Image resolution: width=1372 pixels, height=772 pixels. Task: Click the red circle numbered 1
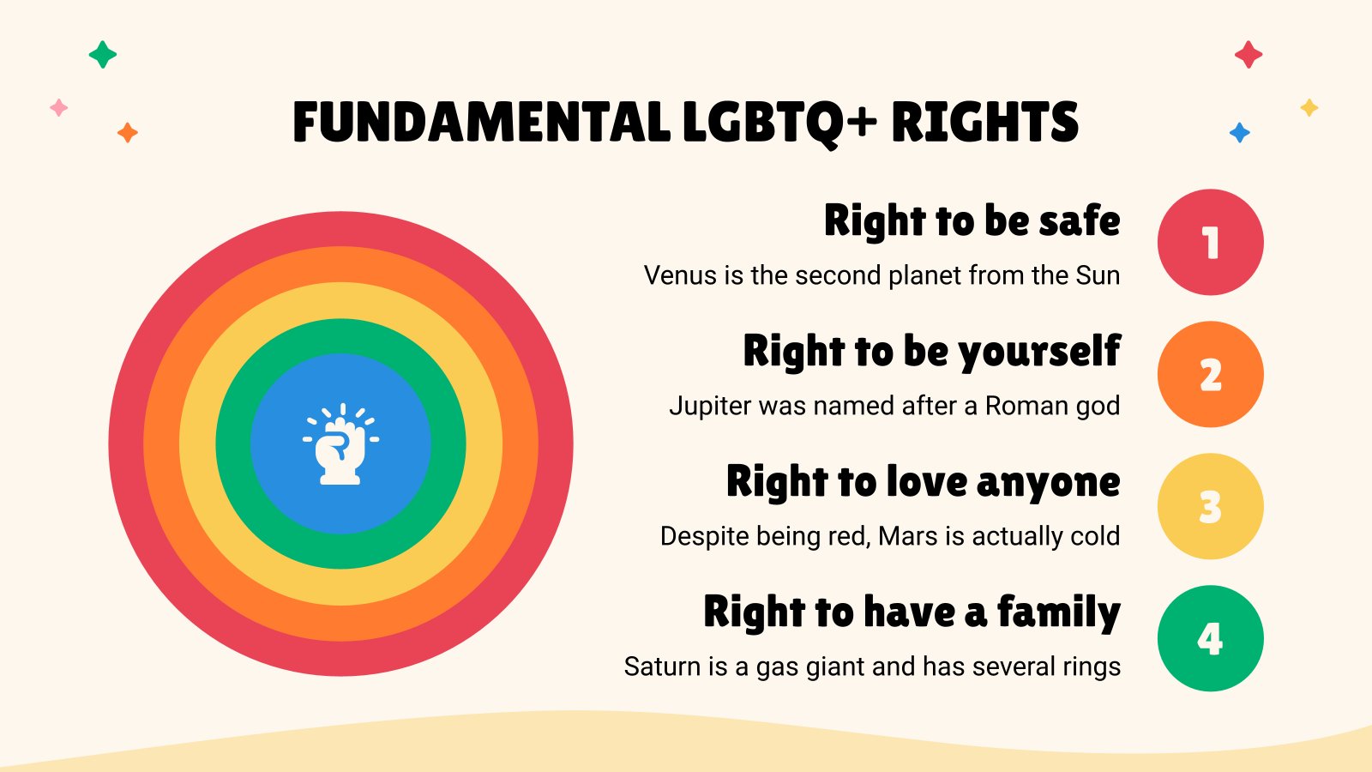(1210, 243)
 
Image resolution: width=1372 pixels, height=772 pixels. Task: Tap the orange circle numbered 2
(1210, 374)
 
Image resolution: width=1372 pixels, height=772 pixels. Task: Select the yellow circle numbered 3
(1210, 506)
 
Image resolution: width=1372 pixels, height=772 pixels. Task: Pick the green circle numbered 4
(1210, 638)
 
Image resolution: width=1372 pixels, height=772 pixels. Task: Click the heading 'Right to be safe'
(972, 221)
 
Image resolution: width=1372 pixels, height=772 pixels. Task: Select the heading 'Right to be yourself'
(931, 352)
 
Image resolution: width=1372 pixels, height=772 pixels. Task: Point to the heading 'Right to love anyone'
(923, 482)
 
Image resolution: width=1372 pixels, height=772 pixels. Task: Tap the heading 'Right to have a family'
(912, 612)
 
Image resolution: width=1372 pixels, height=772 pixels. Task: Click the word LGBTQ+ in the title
(779, 123)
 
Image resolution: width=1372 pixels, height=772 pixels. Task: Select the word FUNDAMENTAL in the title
(482, 123)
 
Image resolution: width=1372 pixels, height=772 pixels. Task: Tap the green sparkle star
(103, 55)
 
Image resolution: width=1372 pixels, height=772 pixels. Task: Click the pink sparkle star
(59, 108)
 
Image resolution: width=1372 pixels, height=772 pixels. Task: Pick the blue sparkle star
(1239, 133)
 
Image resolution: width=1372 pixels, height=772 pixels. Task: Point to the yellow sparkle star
(1309, 108)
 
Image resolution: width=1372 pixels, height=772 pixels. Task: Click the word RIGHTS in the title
(984, 123)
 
